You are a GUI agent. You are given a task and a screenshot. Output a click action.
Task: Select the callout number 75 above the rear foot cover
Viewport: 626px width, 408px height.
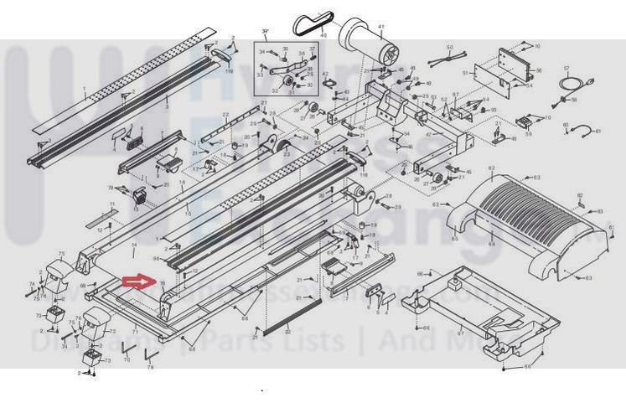[x=60, y=253]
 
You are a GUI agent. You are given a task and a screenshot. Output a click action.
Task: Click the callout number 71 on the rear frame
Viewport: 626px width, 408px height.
[x=134, y=333]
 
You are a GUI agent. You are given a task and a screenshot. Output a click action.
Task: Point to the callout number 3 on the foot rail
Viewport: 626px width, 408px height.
[x=166, y=107]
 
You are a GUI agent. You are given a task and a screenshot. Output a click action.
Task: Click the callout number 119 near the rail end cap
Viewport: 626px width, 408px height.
[x=229, y=72]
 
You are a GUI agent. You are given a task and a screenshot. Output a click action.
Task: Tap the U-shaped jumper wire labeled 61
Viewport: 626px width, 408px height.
[x=584, y=130]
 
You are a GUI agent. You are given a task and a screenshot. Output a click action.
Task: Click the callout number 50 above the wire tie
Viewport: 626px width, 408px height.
[x=448, y=48]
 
